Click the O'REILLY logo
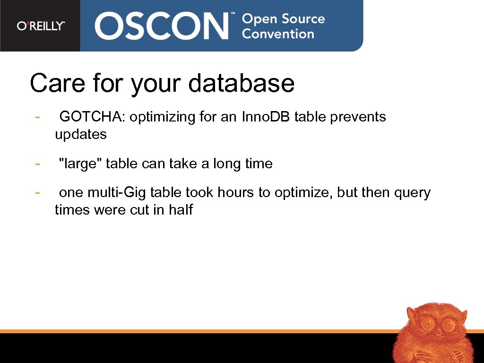click(x=41, y=26)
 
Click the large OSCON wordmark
click(x=161, y=26)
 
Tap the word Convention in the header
click(x=278, y=34)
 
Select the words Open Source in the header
click(x=283, y=19)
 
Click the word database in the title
click(x=241, y=83)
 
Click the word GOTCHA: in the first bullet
click(x=92, y=117)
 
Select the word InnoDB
click(x=266, y=117)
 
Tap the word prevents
click(x=358, y=117)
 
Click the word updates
click(x=81, y=134)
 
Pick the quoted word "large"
click(x=80, y=164)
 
